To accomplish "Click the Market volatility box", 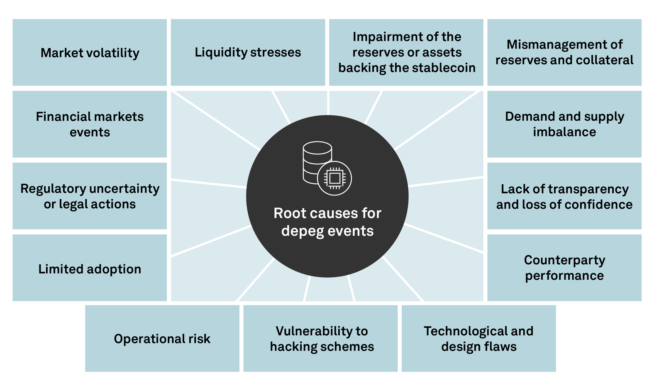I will [90, 53].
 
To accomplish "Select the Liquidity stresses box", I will [248, 52].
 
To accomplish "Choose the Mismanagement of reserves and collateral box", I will [564, 52].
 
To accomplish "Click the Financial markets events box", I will [90, 124].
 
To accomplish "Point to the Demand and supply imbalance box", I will [564, 124].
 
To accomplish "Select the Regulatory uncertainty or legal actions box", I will [90, 196].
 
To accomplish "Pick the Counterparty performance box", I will [564, 268].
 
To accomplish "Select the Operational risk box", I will [162, 339].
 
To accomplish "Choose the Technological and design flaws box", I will [478, 339].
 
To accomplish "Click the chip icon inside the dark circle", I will [334, 178].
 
